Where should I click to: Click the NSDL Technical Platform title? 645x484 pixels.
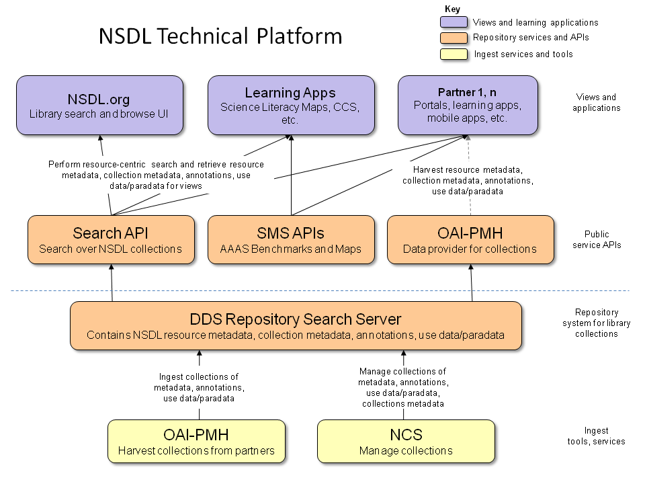(x=220, y=36)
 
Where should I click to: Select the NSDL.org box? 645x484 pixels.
(x=100, y=105)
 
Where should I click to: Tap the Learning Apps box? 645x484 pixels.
(x=290, y=105)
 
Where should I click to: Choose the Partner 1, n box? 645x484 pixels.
(x=468, y=105)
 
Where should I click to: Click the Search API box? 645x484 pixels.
(x=111, y=240)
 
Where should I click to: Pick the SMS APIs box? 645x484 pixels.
(x=291, y=240)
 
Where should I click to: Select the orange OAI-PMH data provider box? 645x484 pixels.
(x=470, y=240)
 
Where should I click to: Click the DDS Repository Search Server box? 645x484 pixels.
(x=296, y=325)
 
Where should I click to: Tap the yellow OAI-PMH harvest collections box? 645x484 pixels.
(x=196, y=442)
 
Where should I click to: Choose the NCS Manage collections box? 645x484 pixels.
(x=406, y=442)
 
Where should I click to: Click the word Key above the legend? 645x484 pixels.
(x=453, y=9)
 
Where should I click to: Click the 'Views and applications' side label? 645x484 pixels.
(x=597, y=103)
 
